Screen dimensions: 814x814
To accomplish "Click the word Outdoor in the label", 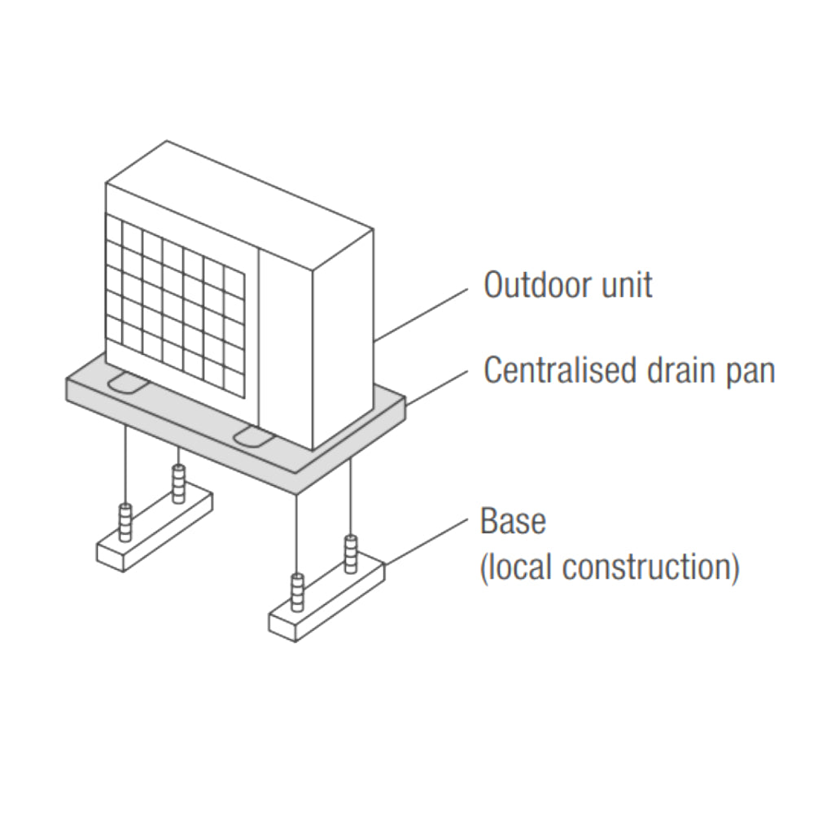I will point(532,285).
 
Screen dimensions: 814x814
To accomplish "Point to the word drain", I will point(680,370).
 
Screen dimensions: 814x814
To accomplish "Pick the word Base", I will point(513,521).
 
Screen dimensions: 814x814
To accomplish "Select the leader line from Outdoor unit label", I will point(423,313).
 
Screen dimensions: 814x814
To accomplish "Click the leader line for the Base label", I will point(427,540).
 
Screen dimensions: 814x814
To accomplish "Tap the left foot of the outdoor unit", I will point(125,381).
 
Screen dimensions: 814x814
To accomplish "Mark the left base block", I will point(155,529).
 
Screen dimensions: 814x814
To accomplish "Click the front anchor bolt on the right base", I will point(298,593).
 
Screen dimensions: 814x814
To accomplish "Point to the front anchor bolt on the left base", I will point(125,523).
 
